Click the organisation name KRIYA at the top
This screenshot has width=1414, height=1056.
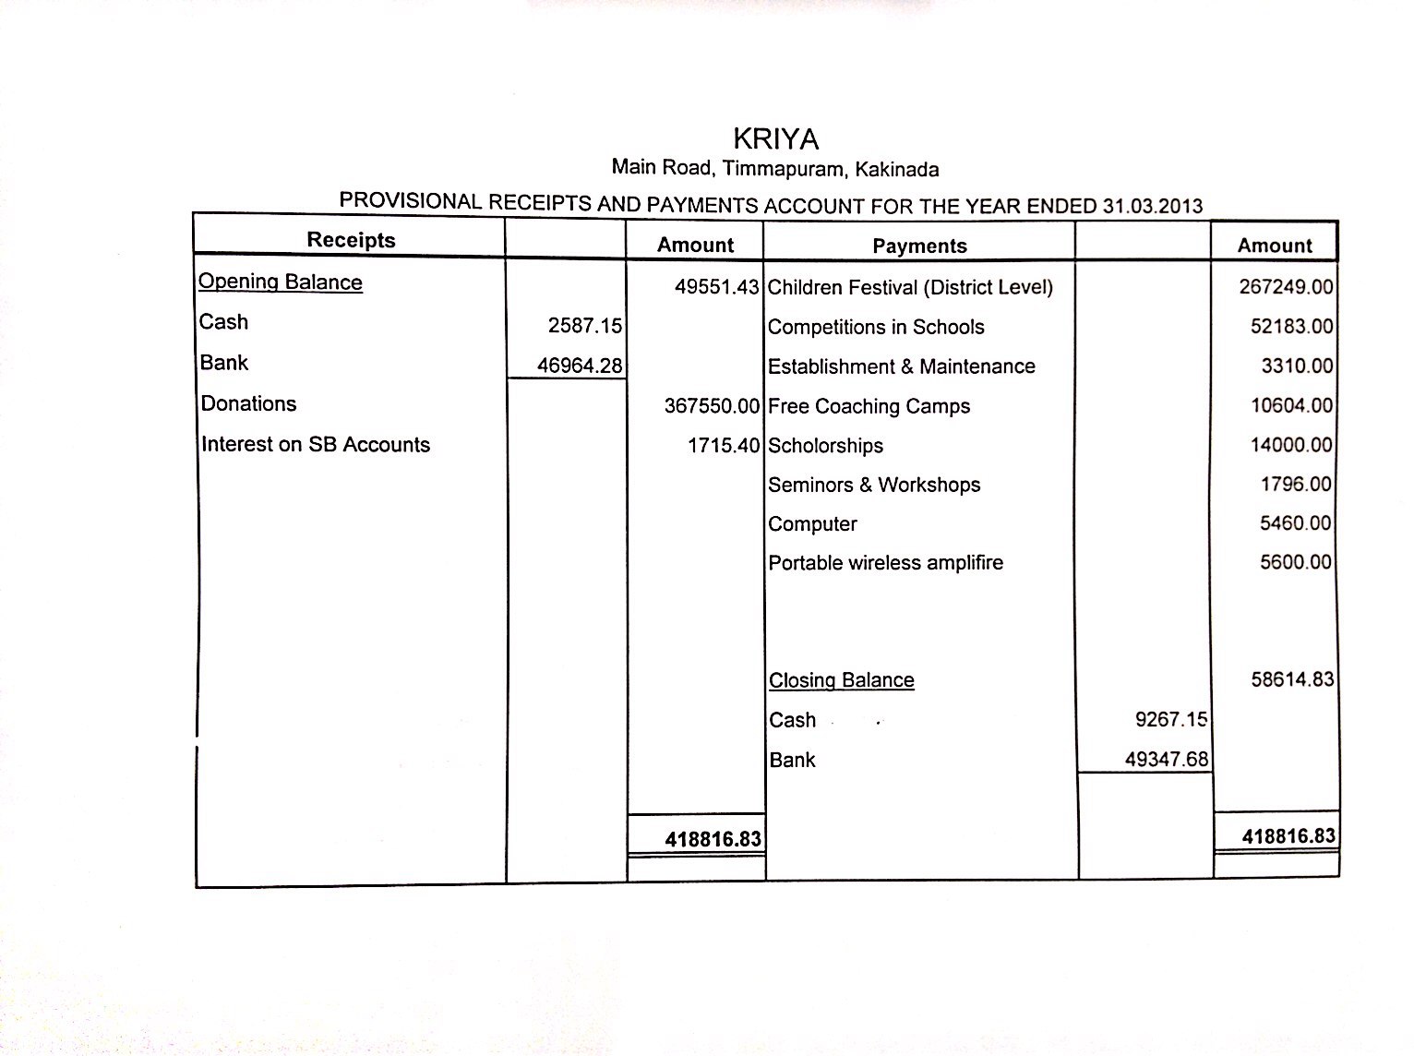point(775,138)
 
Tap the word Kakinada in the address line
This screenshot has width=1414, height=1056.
point(896,170)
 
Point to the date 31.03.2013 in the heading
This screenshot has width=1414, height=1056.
point(1153,206)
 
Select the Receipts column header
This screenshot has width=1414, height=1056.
point(351,240)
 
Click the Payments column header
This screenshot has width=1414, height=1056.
point(919,246)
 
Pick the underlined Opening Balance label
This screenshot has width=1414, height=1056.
point(281,282)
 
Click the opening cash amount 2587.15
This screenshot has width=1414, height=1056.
point(585,326)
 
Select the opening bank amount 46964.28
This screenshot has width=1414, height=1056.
point(580,366)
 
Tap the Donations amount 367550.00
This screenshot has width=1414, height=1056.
point(712,406)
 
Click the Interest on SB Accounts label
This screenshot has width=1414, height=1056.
point(316,445)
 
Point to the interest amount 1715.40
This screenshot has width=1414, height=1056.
point(723,446)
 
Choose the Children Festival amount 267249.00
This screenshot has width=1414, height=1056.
point(1286,287)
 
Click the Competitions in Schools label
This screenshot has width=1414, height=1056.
point(876,327)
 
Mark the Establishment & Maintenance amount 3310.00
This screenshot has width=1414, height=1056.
point(1297,366)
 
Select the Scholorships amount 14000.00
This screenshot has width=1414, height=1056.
point(1291,445)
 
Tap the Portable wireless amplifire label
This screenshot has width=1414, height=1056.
point(885,563)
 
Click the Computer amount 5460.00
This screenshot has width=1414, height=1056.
point(1296,523)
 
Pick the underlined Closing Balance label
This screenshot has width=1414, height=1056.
point(842,680)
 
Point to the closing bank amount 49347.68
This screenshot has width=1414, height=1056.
point(1167,760)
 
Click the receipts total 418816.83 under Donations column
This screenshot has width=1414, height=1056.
point(713,839)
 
